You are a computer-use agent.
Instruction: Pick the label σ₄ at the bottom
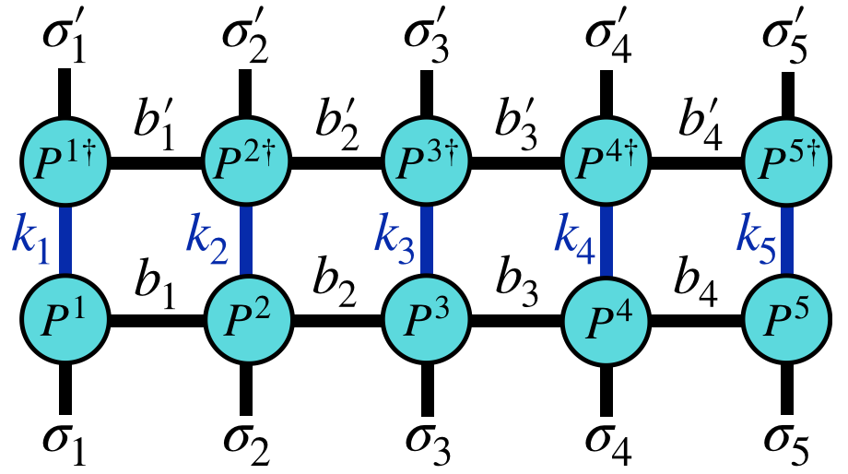(605, 444)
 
